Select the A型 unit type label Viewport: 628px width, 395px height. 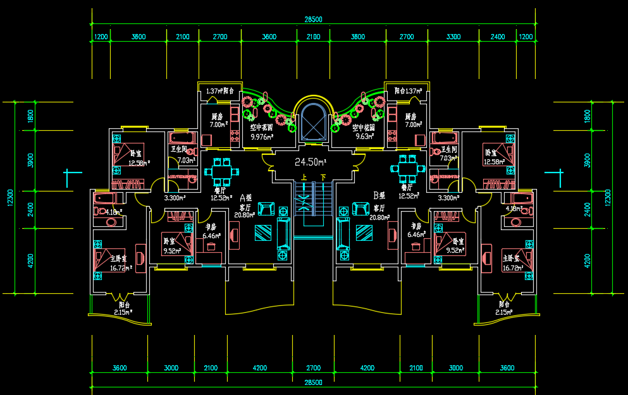click(245, 197)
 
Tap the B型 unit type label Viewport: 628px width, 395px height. click(379, 196)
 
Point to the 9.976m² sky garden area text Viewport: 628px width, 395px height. click(262, 136)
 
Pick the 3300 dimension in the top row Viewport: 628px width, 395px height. click(453, 37)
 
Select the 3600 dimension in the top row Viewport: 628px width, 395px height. click(269, 37)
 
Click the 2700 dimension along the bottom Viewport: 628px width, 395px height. click(313, 368)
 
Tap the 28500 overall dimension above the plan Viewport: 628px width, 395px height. click(313, 20)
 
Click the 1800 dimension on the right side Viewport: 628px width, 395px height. click(588, 116)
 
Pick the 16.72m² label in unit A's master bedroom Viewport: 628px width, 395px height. click(120, 268)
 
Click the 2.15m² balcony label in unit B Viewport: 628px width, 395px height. click(503, 312)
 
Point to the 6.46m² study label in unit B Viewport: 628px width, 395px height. click(416, 234)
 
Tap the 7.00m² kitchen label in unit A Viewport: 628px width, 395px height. click(218, 125)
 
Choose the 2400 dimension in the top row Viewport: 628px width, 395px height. click(498, 37)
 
